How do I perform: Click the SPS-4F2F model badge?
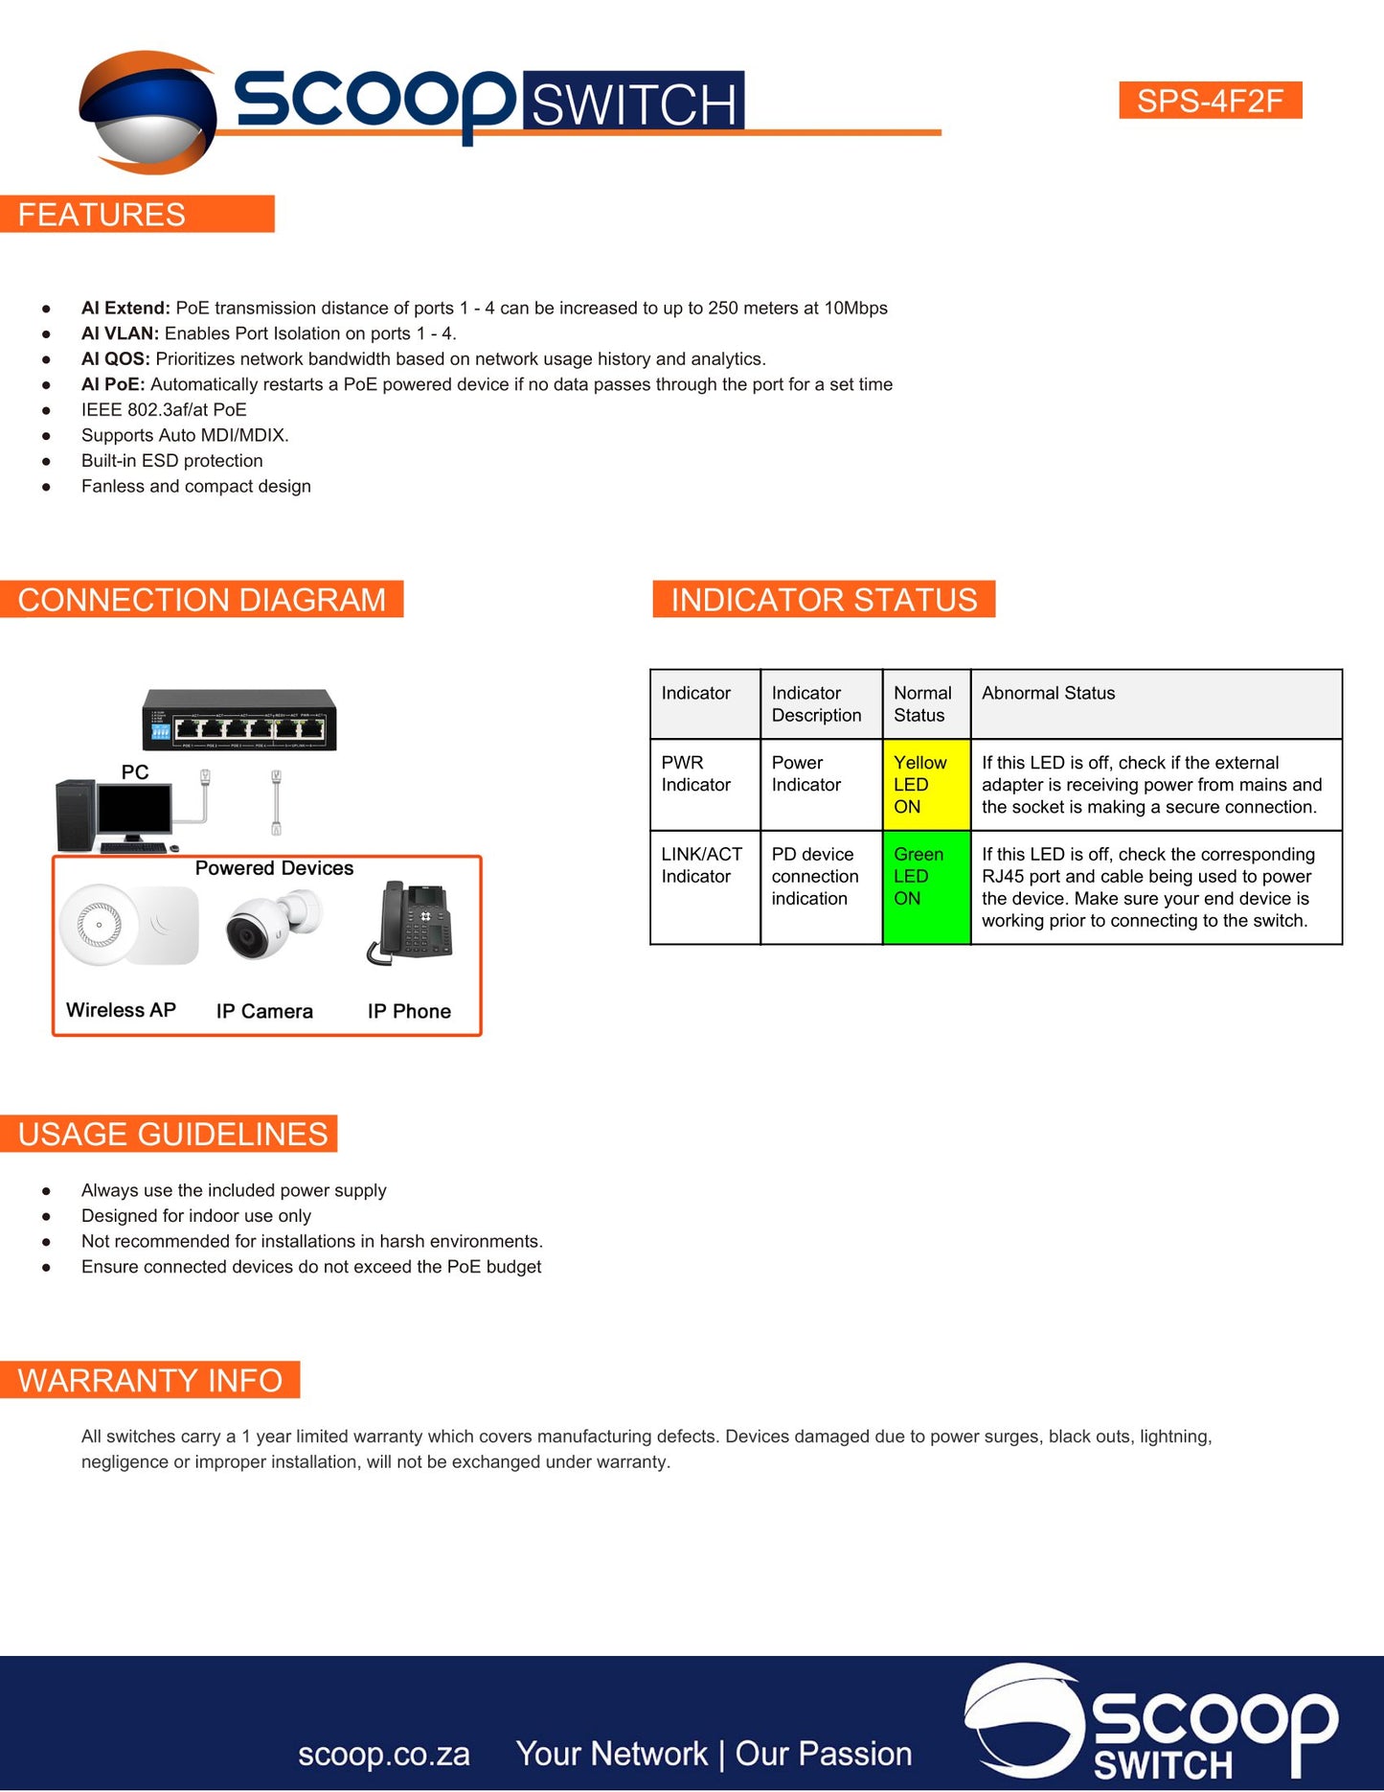point(1210,101)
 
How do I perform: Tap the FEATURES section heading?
point(102,215)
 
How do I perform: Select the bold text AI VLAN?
point(120,333)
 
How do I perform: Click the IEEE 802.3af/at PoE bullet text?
point(164,410)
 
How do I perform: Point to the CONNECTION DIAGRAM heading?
point(201,600)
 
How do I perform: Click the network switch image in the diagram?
point(239,720)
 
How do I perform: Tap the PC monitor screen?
point(134,811)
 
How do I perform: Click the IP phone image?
point(412,922)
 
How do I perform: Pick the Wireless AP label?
point(121,1010)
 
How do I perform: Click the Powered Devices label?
point(274,868)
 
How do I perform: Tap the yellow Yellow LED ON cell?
point(925,785)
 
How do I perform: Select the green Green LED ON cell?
point(925,887)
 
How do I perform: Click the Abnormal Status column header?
point(1048,693)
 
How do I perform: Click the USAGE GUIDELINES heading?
point(172,1135)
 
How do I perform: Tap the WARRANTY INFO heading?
point(149,1381)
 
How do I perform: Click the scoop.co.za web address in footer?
point(383,1755)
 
